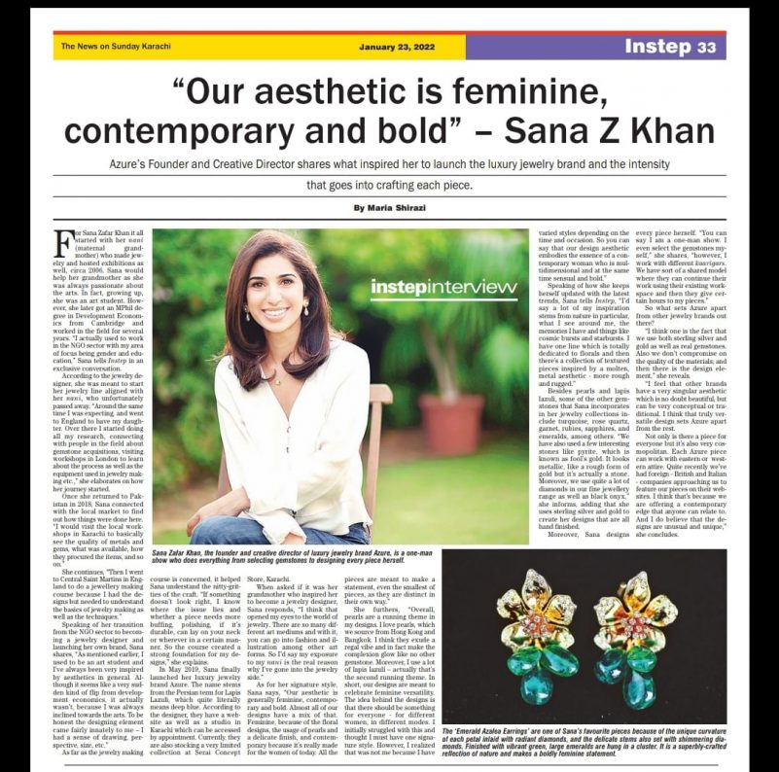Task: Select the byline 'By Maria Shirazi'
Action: (x=388, y=208)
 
